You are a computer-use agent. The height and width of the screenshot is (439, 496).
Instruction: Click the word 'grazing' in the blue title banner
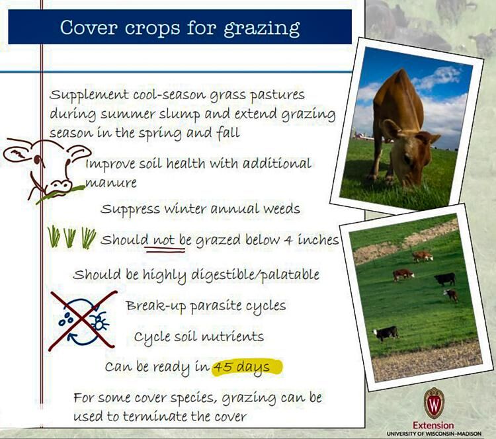coord(262,29)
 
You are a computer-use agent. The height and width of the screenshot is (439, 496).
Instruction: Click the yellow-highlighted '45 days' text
coord(247,367)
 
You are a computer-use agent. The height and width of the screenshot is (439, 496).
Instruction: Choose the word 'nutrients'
coord(232,337)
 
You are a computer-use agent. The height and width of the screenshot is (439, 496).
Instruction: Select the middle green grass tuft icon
coord(70,237)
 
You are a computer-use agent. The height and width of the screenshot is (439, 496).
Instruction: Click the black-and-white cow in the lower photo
coord(386,333)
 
